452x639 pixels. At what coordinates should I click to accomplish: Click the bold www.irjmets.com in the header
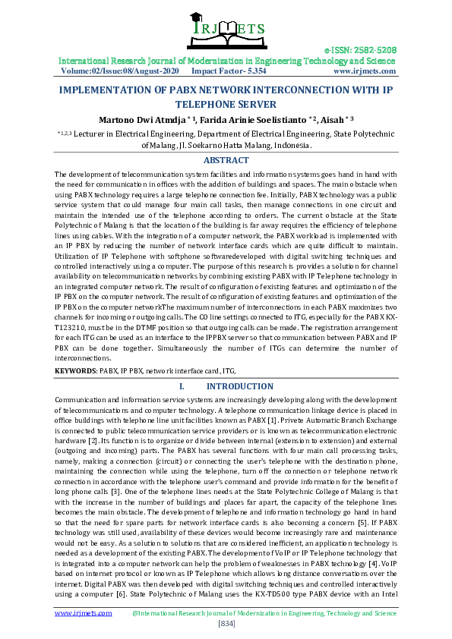click(364, 71)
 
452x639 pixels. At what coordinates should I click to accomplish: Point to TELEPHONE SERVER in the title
click(226, 104)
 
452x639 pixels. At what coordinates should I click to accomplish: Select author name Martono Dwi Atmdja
click(141, 119)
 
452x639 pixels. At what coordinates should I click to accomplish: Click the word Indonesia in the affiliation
click(286, 145)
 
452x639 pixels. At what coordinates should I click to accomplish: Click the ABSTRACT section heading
click(226, 160)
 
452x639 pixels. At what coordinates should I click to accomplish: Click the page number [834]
click(226, 623)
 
